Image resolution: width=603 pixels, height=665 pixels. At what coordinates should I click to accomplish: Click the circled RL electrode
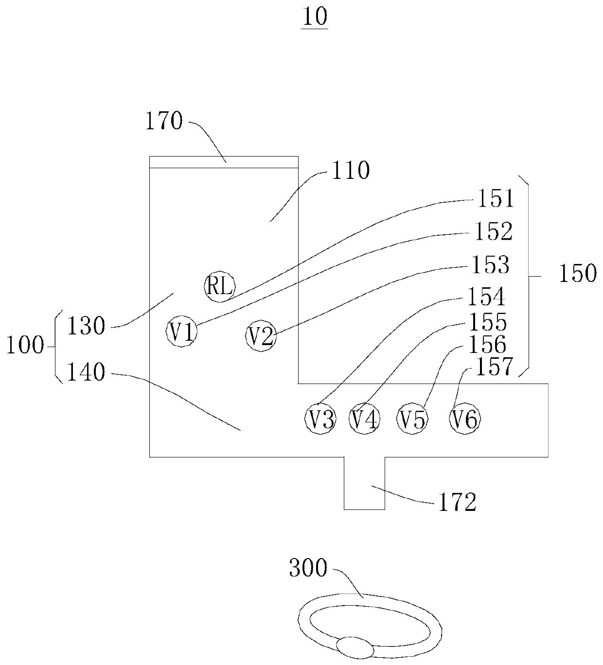[x=219, y=286]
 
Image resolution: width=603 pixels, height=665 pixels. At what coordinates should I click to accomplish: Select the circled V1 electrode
[x=182, y=332]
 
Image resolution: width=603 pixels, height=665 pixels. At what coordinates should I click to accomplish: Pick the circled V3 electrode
[x=320, y=419]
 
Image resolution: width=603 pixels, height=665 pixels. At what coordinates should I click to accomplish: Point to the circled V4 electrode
[x=364, y=419]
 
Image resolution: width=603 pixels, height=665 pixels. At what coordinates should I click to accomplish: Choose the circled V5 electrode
[x=412, y=419]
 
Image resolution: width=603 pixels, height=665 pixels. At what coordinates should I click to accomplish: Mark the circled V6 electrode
[x=465, y=419]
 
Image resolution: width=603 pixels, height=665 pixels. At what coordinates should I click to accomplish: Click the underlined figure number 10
[x=315, y=17]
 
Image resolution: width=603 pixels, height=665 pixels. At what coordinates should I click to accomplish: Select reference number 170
[x=164, y=121]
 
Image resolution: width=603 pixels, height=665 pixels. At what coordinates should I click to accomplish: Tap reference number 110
[x=350, y=171]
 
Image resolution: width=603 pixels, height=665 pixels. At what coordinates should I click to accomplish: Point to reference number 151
[x=495, y=199]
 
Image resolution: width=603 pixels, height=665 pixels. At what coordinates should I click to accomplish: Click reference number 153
[x=490, y=265]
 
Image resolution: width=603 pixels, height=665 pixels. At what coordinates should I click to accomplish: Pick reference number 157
[x=494, y=367]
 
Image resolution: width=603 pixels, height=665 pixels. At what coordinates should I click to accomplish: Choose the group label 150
[x=577, y=275]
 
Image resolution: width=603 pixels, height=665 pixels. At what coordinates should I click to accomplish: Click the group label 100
[x=24, y=346]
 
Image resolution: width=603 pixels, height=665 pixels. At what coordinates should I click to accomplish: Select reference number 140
[x=86, y=373]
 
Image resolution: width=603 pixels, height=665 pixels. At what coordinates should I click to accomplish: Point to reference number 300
[x=308, y=568]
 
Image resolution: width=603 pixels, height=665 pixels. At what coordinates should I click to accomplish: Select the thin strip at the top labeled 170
[x=223, y=161]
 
